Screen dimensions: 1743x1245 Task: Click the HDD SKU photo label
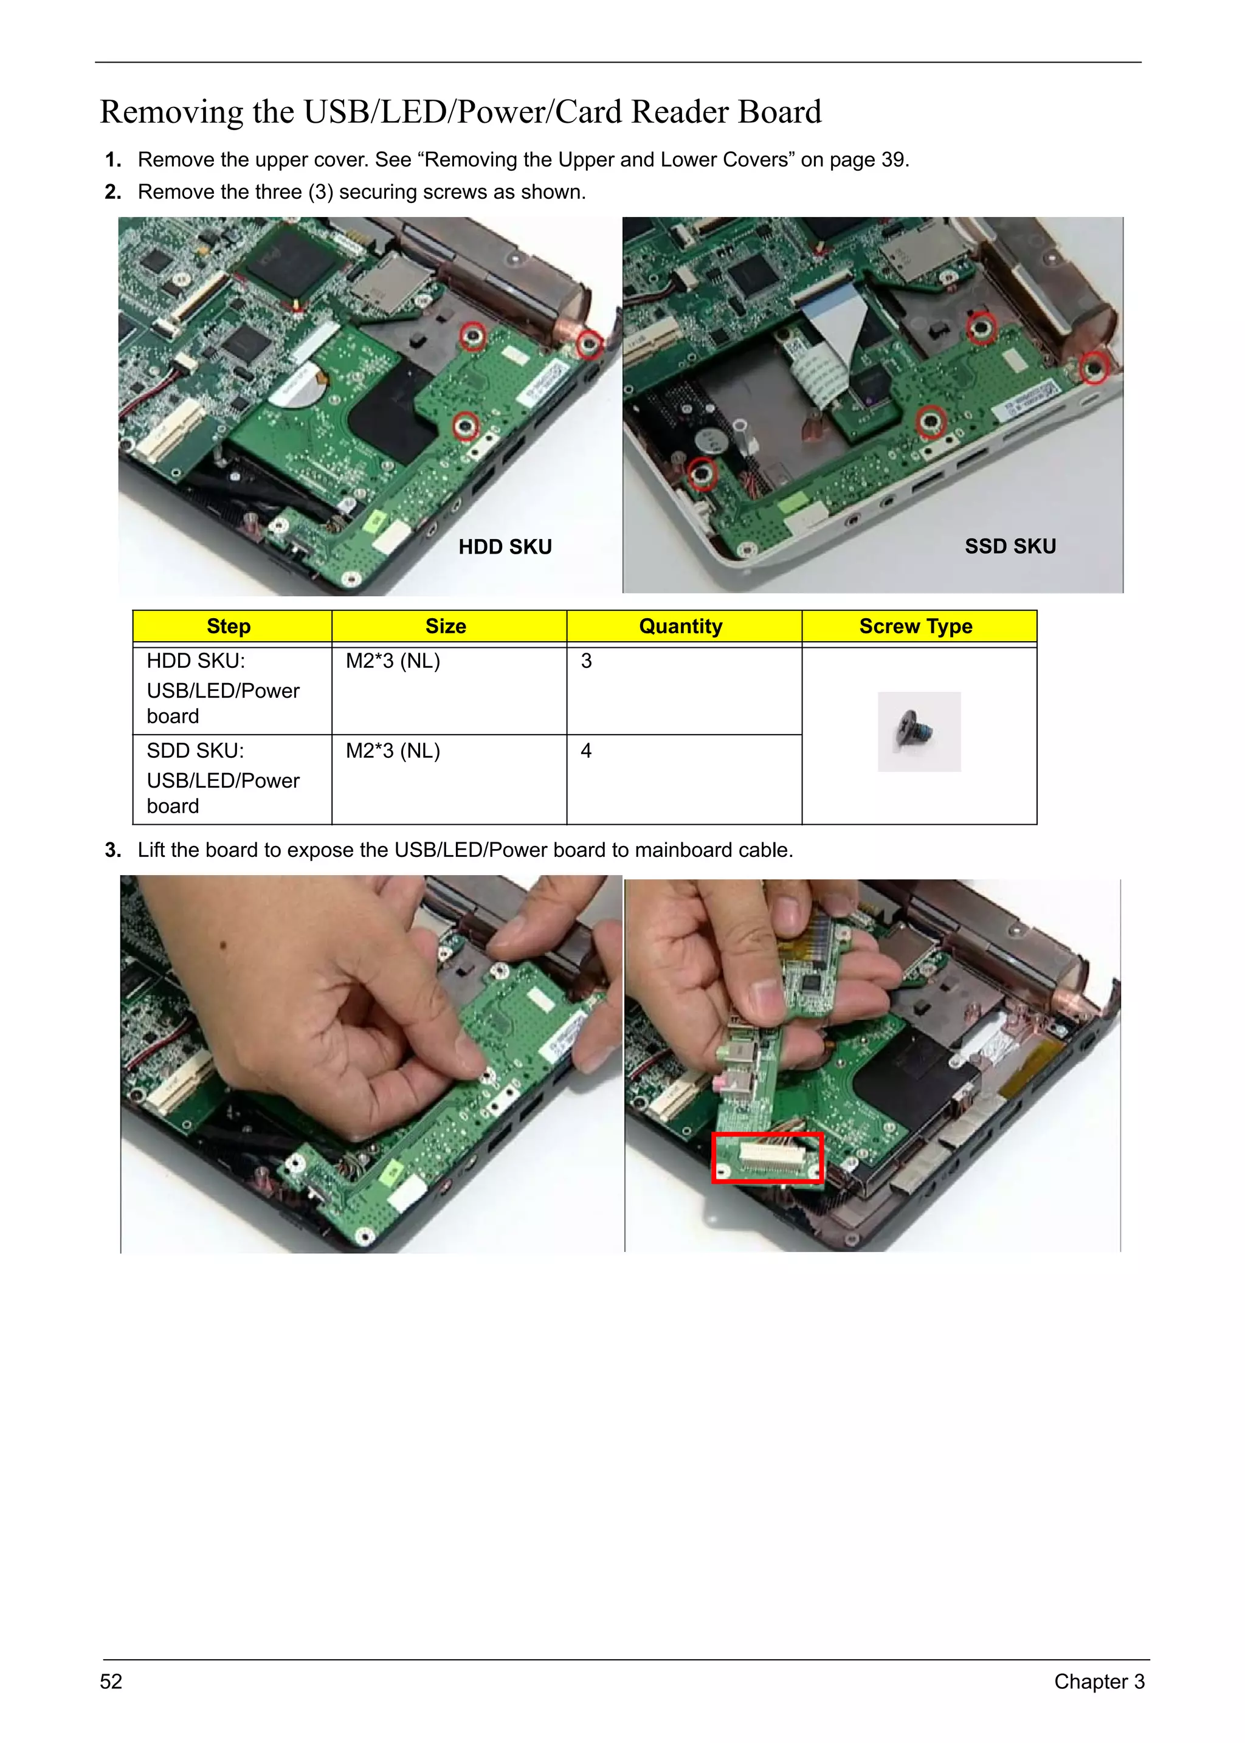click(505, 546)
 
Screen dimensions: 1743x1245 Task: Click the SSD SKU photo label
click(1010, 546)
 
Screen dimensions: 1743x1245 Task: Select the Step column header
click(229, 626)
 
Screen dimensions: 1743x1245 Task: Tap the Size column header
click(446, 626)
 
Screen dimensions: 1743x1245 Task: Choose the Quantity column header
click(680, 626)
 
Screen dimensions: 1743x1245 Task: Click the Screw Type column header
click(916, 626)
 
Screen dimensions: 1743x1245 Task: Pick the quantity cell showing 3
click(587, 661)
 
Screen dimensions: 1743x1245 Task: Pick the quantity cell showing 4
click(587, 751)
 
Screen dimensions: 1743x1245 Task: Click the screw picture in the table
click(919, 731)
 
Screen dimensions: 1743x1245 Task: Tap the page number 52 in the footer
click(111, 1681)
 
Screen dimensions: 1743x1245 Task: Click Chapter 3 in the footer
click(1098, 1681)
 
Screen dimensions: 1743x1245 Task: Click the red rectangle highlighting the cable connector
click(767, 1157)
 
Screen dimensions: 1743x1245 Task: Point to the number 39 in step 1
click(892, 159)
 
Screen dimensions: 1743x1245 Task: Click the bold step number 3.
click(112, 850)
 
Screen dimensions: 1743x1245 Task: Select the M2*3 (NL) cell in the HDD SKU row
click(393, 661)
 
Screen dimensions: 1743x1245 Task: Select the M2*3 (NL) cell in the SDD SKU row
click(393, 751)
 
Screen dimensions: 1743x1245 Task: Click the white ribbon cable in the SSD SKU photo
click(832, 337)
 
